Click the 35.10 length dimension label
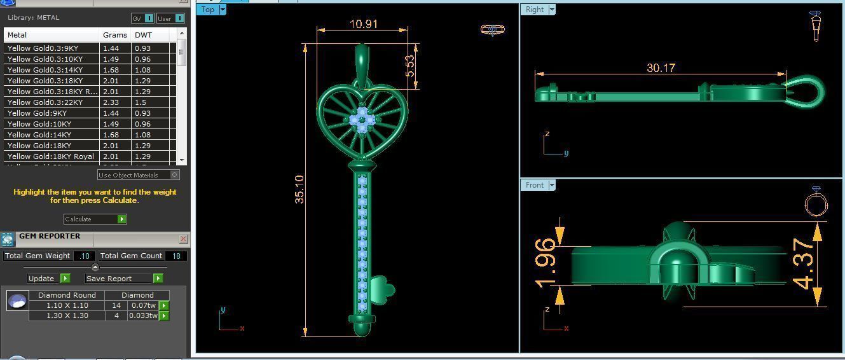tap(299, 190)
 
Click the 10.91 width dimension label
tap(363, 24)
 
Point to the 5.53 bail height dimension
tap(410, 66)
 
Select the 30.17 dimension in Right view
tap(661, 67)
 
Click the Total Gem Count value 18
tap(175, 256)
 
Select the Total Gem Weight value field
tap(84, 256)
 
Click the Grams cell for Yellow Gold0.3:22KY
tap(111, 102)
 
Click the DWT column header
tap(143, 35)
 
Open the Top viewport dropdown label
tap(212, 10)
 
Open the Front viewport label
tap(539, 185)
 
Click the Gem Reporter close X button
tap(183, 239)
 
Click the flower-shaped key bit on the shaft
tap(383, 289)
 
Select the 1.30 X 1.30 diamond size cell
tap(67, 315)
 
